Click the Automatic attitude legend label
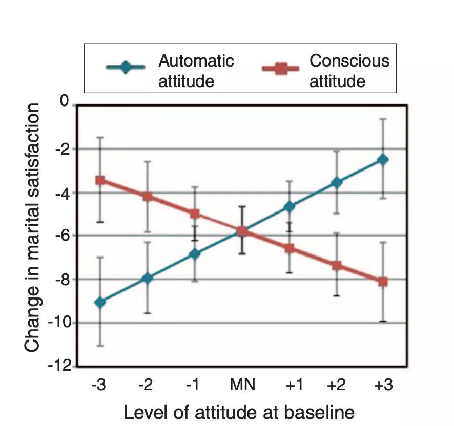point(196,71)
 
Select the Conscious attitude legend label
point(349,71)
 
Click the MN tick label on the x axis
point(242,385)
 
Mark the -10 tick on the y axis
point(59,323)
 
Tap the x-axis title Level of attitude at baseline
point(239,412)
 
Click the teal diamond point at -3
point(100,302)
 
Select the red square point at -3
point(100,180)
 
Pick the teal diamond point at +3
point(382,160)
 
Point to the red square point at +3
point(382,282)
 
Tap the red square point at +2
point(336,265)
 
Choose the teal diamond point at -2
point(148,278)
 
